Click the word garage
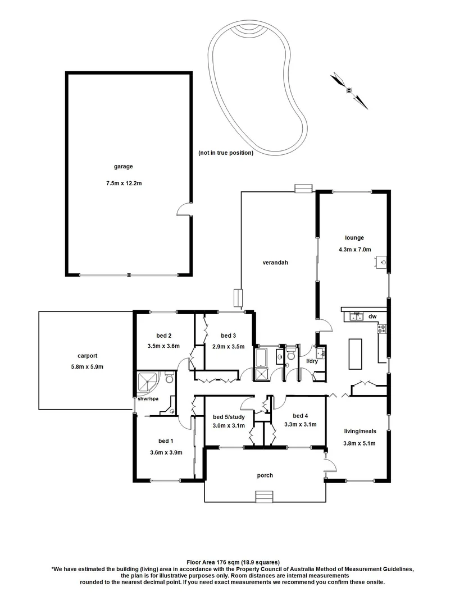click(x=122, y=166)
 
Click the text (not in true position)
click(x=226, y=153)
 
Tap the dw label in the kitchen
click(x=372, y=316)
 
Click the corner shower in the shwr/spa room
click(x=148, y=383)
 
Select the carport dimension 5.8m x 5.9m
click(x=88, y=366)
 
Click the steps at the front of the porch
click(x=264, y=498)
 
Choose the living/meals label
click(x=360, y=431)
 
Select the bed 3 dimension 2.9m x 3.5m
click(x=229, y=346)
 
